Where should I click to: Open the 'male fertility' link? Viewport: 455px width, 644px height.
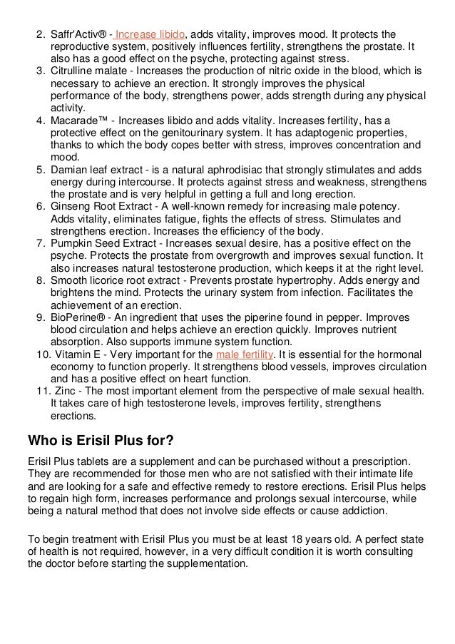click(x=240, y=354)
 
